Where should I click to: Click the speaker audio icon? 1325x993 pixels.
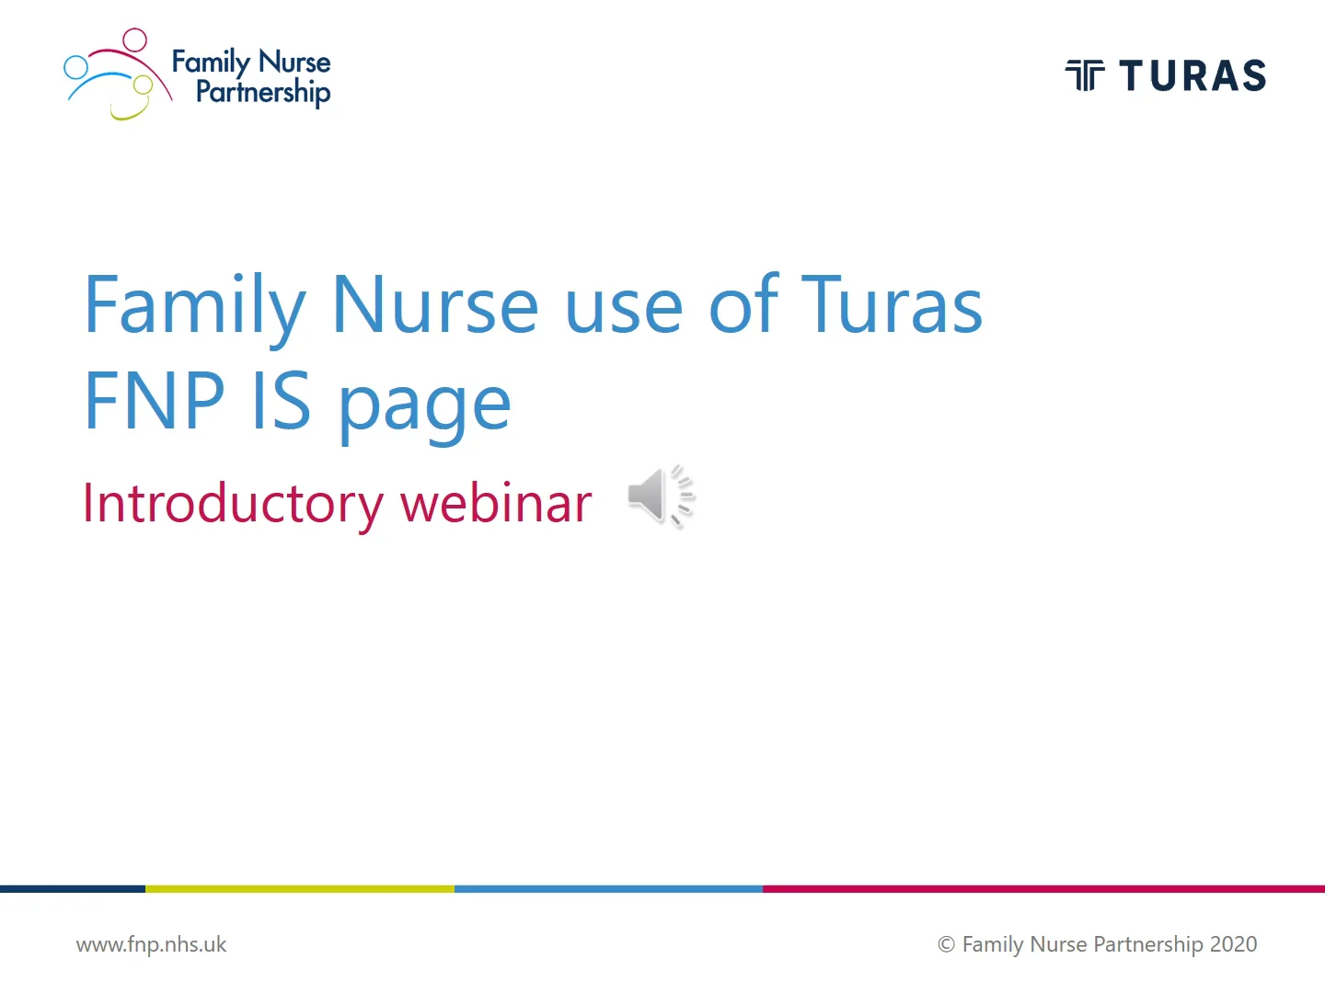(x=659, y=496)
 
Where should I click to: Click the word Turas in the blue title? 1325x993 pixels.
(x=892, y=305)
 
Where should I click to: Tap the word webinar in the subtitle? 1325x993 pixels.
(x=496, y=504)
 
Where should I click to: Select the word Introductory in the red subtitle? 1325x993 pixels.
(x=233, y=504)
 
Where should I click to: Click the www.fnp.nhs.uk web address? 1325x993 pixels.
(x=151, y=944)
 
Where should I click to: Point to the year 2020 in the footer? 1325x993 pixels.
(x=1233, y=944)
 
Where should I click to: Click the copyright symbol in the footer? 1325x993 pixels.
(x=946, y=944)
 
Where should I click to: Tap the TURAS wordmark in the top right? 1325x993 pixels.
(x=1192, y=76)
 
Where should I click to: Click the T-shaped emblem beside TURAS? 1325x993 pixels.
(x=1085, y=75)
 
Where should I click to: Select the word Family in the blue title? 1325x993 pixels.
(x=194, y=305)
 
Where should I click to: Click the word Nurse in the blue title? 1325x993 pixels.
(x=434, y=305)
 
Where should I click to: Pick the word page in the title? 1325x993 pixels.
(x=424, y=405)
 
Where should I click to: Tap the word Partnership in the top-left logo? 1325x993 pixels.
(x=262, y=92)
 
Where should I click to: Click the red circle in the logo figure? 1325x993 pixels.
(x=135, y=40)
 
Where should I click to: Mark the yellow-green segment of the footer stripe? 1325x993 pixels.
(x=300, y=889)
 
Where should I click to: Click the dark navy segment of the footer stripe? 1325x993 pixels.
(x=72, y=889)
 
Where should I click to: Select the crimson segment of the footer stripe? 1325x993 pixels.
(x=1043, y=889)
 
